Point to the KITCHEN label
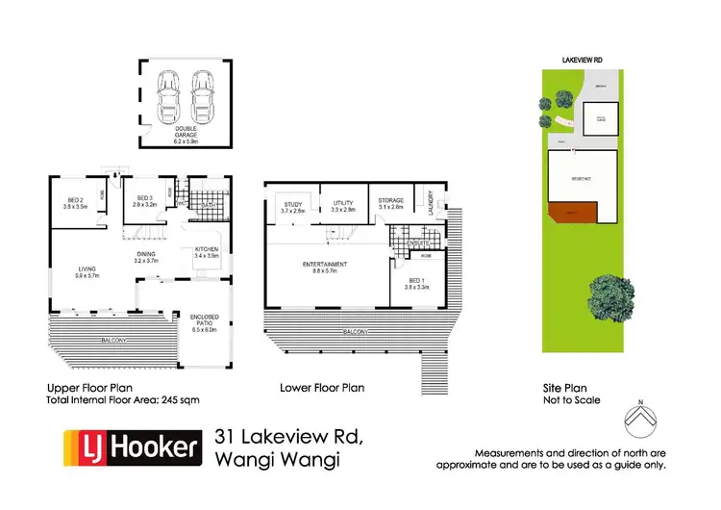(x=207, y=252)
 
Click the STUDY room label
(x=292, y=206)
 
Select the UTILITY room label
(x=343, y=206)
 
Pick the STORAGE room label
(x=390, y=203)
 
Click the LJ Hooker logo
(x=132, y=447)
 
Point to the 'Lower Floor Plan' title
(x=321, y=389)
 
